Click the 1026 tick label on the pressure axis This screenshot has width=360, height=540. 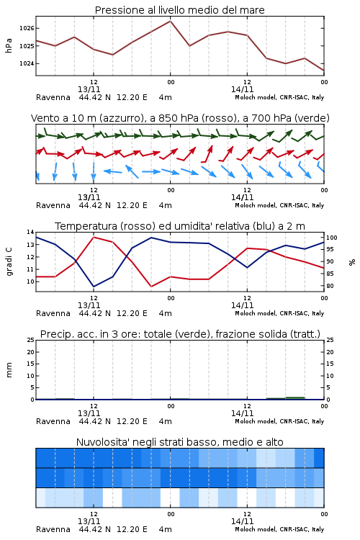27,28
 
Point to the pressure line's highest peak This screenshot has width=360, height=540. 170,21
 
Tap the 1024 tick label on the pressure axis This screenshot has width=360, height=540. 27,63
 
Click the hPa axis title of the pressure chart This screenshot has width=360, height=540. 9,45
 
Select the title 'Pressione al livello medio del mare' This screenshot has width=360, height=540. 180,10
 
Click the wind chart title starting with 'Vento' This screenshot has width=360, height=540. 180,118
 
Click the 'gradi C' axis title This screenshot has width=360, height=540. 9,261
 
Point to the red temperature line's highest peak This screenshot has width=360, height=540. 94,238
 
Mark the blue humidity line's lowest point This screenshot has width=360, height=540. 94,287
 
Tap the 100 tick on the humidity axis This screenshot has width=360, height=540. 332,238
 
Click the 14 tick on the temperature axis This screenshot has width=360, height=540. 31,232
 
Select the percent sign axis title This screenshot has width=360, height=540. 352,262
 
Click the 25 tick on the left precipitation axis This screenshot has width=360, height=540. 31,341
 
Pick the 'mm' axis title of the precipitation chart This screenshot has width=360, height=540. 9,370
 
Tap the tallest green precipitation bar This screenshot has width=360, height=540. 296,398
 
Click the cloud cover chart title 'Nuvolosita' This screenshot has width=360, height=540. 180,442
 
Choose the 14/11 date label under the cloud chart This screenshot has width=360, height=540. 242,521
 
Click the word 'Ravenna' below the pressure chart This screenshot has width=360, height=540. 53,97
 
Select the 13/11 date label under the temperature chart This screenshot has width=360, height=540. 89,305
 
